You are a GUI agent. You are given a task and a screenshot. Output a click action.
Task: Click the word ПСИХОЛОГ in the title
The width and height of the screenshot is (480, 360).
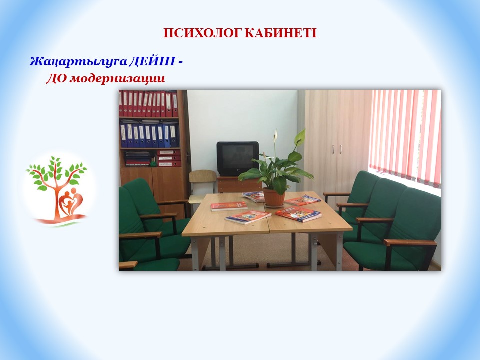(202, 33)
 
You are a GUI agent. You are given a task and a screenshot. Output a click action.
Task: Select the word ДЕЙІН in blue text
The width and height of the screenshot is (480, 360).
(152, 61)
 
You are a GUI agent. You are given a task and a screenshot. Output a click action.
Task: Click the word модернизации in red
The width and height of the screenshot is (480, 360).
(117, 79)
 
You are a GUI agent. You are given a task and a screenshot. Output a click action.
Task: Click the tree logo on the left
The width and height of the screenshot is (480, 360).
(57, 190)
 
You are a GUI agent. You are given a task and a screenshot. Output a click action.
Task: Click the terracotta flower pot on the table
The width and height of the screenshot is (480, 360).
(274, 198)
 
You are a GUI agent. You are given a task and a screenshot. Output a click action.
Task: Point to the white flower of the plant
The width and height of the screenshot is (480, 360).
(276, 135)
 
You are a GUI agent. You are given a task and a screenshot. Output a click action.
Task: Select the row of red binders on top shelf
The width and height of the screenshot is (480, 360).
(149, 104)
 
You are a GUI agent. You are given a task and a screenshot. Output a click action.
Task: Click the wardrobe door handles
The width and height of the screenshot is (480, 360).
(336, 149)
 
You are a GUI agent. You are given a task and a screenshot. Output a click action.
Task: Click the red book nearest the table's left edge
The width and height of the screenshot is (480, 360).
(229, 206)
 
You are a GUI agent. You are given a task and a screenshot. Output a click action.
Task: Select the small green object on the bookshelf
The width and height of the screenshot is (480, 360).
(153, 164)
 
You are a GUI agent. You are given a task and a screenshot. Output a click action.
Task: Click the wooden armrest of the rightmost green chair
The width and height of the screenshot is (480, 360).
(410, 243)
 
